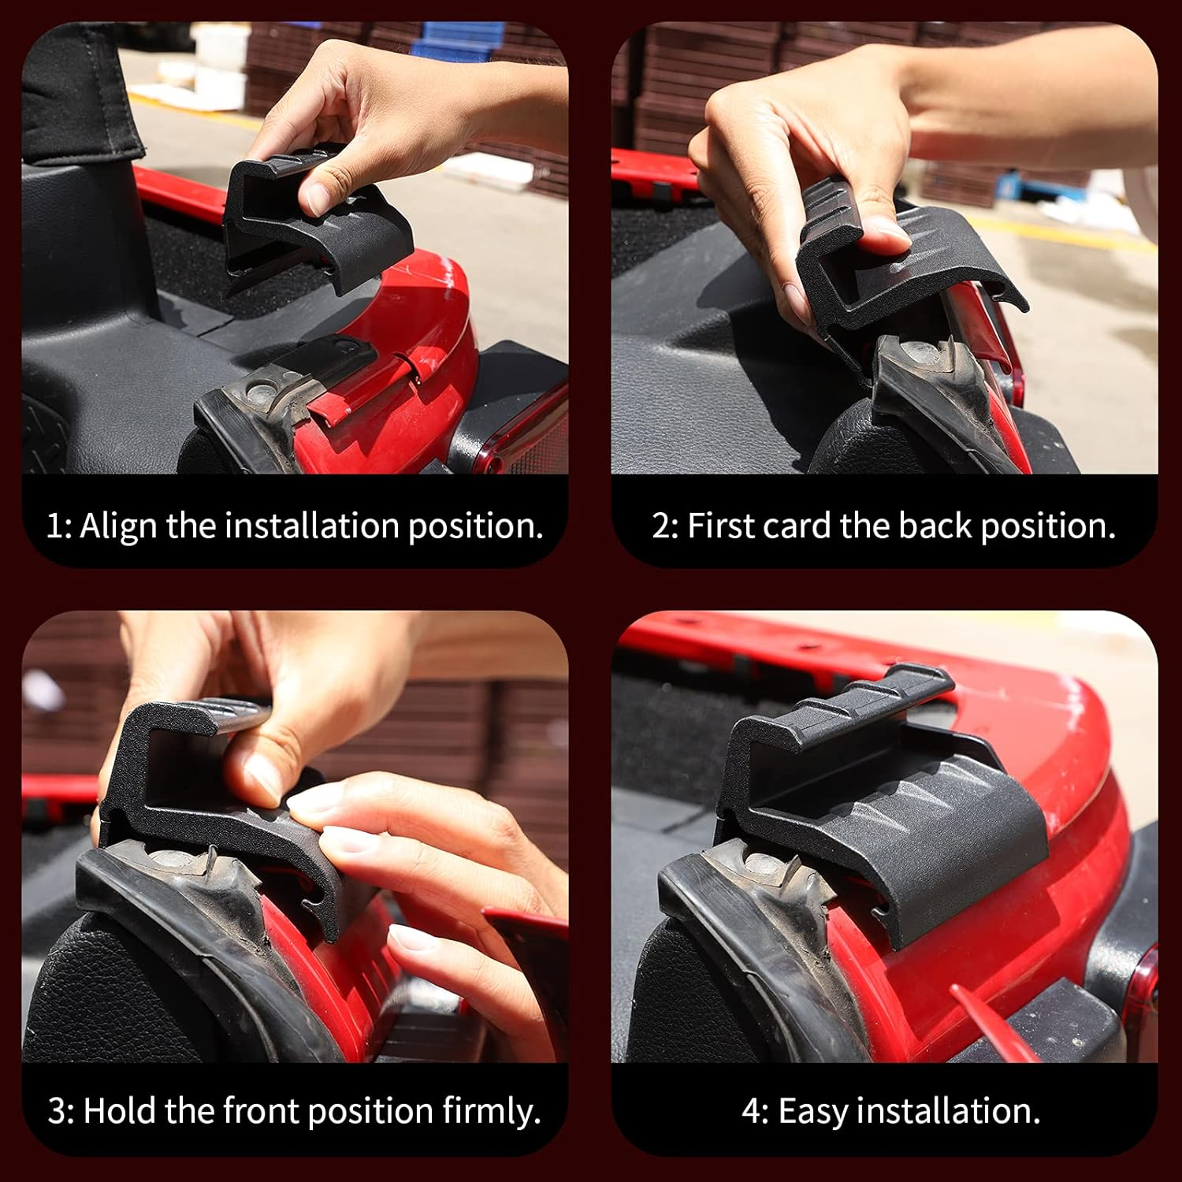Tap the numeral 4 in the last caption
tap(752, 1111)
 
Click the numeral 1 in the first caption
tap(54, 526)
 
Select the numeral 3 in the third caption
tap(57, 1111)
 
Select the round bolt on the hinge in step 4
tap(762, 868)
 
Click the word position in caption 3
tap(370, 1112)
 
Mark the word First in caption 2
tap(719, 525)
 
